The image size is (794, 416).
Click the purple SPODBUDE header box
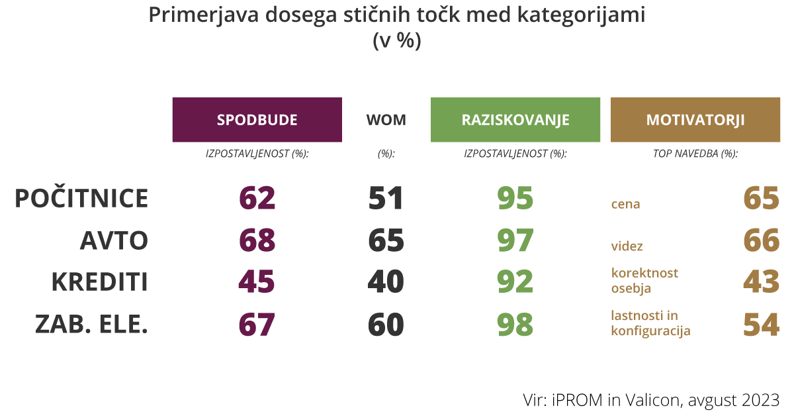point(257,120)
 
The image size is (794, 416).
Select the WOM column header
point(386,120)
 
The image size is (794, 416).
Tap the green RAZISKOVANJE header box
point(515,120)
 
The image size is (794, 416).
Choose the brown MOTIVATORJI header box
point(695,120)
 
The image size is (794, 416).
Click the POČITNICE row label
point(81,199)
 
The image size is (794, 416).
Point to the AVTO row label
point(114,240)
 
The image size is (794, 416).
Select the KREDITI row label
point(99,282)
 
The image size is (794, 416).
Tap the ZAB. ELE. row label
point(91,325)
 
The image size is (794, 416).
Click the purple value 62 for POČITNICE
point(257,199)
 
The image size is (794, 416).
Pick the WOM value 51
point(386,199)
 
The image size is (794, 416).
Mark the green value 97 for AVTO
point(515,240)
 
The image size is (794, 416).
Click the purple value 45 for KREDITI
point(257,282)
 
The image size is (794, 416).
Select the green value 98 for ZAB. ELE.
point(515,325)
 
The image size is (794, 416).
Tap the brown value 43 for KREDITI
point(761,282)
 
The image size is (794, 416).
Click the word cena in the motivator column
point(625,204)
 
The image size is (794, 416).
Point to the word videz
point(627,246)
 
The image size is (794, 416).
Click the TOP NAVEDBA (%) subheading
point(695,154)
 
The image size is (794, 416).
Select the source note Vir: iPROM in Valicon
point(651,399)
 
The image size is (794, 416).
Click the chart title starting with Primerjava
point(397,16)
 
